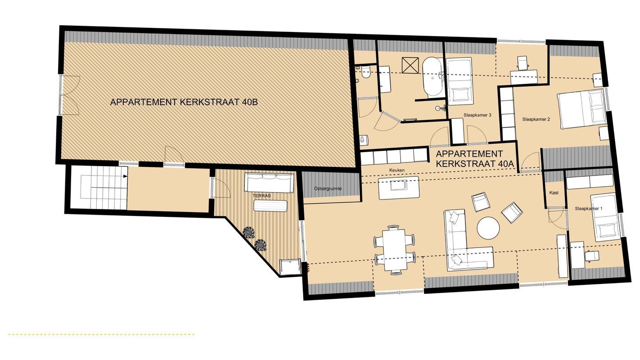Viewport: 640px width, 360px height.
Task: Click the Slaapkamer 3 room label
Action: (x=478, y=115)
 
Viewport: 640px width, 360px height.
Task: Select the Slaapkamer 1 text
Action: (x=589, y=208)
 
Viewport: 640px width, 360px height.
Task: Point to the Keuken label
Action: (x=397, y=170)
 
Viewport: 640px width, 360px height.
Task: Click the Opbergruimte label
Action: (x=328, y=189)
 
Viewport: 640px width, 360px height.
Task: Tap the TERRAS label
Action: (x=261, y=196)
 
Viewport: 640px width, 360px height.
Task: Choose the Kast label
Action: (x=554, y=193)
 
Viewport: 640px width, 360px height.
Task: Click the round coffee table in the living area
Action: (x=488, y=228)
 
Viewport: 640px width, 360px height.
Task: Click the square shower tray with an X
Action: (x=410, y=66)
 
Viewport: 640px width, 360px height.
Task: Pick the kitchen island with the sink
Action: (x=399, y=188)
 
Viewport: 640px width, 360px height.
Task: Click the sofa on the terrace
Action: (x=269, y=182)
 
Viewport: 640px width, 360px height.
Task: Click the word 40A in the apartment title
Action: (x=505, y=164)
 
